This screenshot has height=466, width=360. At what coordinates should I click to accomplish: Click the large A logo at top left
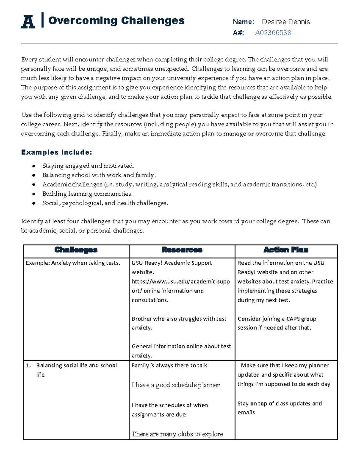tap(28, 22)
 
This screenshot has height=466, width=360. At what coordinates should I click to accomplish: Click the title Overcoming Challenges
tap(116, 21)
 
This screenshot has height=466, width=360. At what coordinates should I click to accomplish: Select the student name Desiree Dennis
tap(286, 22)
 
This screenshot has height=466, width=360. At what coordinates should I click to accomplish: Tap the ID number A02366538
tap(273, 33)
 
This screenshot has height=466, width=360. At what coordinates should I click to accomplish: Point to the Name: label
tap(243, 22)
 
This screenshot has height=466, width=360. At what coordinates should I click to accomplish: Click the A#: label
tap(238, 33)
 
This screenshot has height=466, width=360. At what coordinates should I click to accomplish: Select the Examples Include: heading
tap(56, 152)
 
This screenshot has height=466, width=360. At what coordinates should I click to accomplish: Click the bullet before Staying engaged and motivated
tap(34, 166)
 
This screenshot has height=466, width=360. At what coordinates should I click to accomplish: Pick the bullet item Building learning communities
tap(87, 194)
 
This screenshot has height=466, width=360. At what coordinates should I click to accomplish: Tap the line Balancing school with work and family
tap(99, 175)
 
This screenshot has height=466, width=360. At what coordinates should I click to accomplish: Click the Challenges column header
tap(76, 250)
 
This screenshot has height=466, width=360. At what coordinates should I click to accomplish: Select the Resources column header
tap(182, 250)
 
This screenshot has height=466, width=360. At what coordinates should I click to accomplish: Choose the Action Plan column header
tap(286, 250)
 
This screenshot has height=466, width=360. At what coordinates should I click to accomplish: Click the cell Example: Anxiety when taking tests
tap(73, 263)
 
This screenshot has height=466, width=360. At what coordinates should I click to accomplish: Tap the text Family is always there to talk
tap(169, 365)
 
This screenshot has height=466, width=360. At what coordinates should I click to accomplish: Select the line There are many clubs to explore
tap(177, 434)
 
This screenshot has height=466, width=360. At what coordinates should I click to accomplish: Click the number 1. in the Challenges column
tap(28, 365)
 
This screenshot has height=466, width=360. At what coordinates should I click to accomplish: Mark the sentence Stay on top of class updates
tap(279, 404)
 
